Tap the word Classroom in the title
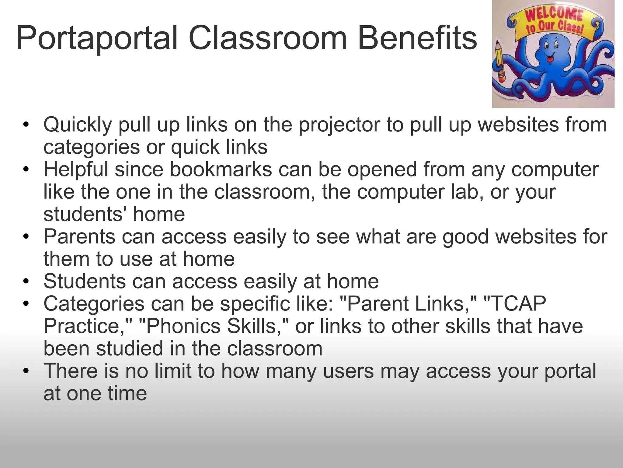point(268,38)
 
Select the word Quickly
point(78,125)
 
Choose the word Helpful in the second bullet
point(76,169)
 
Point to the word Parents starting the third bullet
point(79,237)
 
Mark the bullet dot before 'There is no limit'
point(26,371)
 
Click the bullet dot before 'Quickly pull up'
point(26,125)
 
